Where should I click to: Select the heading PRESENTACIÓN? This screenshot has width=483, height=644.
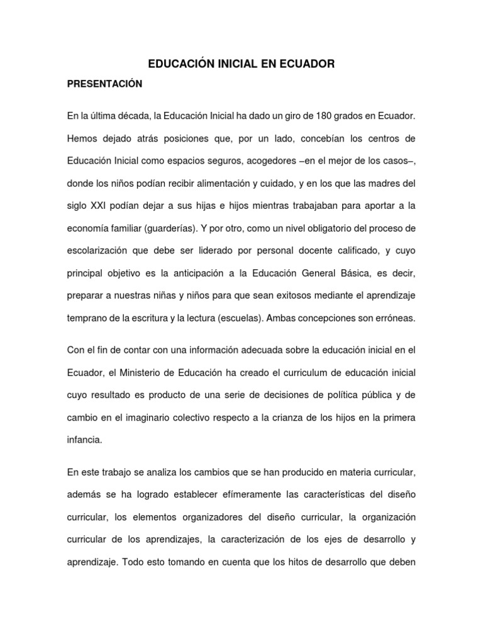tap(105, 84)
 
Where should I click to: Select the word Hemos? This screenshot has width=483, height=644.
tap(82, 139)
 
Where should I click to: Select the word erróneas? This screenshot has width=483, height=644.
tap(392, 318)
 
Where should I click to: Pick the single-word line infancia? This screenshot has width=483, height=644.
tap(84, 440)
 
